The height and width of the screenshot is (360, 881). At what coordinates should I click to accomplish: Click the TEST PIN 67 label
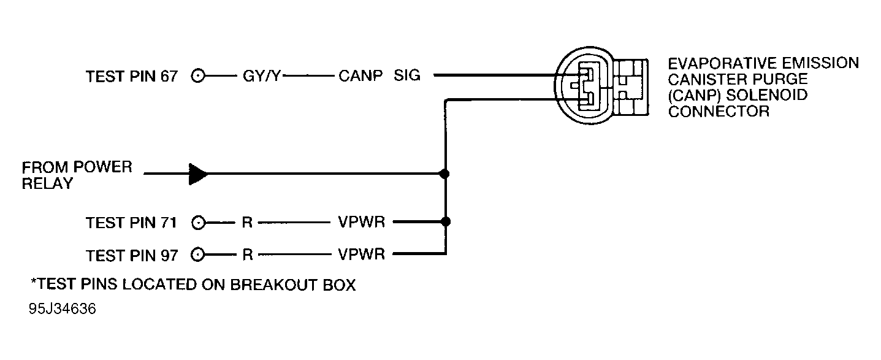131,77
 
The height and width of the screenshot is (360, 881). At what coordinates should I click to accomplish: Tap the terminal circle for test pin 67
198,77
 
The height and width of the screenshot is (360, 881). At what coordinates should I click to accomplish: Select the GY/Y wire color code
261,77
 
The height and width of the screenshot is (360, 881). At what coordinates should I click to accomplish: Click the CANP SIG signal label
379,77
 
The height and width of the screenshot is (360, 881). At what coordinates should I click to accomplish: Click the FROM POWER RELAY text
77,175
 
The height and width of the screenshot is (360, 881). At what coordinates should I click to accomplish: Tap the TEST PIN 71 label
131,223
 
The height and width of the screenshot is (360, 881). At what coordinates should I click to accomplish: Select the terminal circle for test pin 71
198,223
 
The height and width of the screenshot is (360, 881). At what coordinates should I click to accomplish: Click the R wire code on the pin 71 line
247,223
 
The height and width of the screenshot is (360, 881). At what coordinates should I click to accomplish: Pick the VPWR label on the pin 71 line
362,223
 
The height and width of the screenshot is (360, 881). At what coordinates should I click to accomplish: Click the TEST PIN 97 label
131,255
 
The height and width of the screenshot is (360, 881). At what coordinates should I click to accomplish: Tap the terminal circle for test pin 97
198,255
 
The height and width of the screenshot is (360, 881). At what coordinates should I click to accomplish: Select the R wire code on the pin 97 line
247,255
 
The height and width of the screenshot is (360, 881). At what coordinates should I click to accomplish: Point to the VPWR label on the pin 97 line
362,255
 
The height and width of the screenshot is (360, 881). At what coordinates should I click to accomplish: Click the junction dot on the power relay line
445,174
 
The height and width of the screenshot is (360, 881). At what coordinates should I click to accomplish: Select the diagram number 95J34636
62,310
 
